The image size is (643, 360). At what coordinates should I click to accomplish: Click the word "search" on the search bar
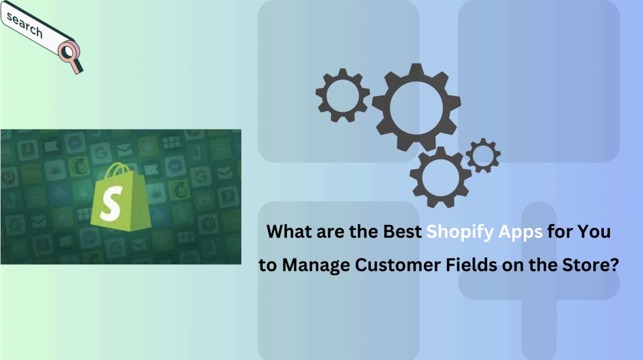[x=25, y=25]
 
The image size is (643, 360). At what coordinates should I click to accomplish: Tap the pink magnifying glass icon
[x=70, y=57]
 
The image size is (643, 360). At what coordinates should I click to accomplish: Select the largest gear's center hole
[x=417, y=108]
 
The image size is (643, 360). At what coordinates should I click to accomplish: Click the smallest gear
[x=483, y=155]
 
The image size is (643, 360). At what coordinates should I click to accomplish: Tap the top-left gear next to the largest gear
[x=343, y=95]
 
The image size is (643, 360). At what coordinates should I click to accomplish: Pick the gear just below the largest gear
[x=441, y=177]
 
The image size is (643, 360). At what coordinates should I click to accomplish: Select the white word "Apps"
[x=520, y=232]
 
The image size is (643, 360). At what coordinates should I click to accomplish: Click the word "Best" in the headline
[x=402, y=231]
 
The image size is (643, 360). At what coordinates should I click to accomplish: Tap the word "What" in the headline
[x=289, y=231]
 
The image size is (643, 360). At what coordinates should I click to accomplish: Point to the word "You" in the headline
[x=593, y=231]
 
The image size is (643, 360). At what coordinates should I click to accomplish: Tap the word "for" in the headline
[x=559, y=231]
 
